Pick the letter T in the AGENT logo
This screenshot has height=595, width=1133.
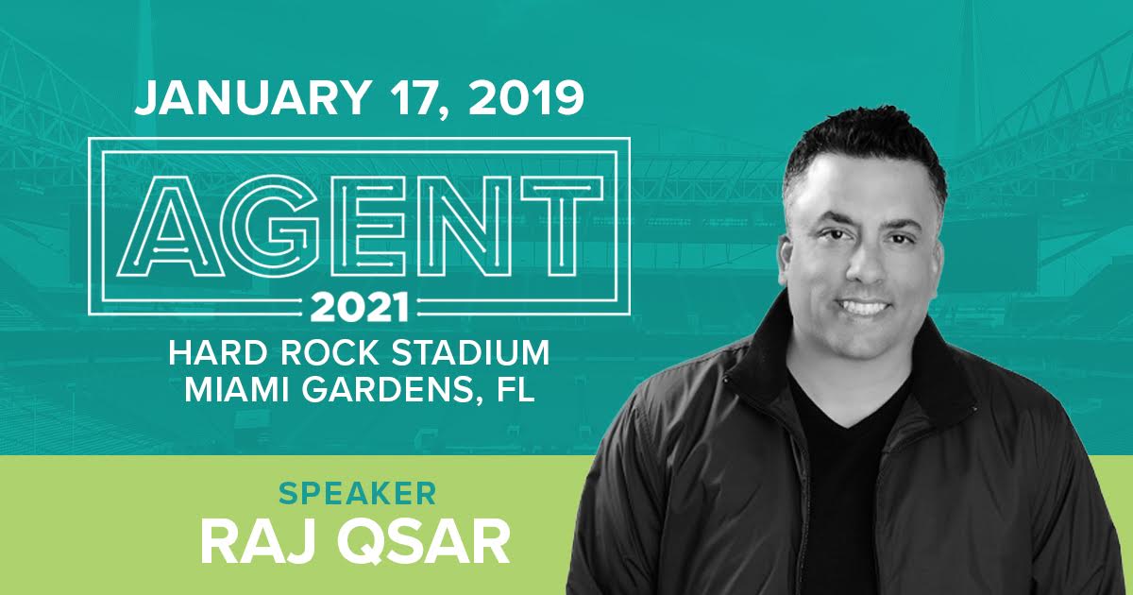tap(562, 226)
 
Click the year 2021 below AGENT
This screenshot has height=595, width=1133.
tap(360, 307)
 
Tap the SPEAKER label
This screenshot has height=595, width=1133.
tap(358, 494)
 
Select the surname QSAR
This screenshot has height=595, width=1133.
tap(423, 543)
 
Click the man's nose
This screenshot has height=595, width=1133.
tap(866, 265)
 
